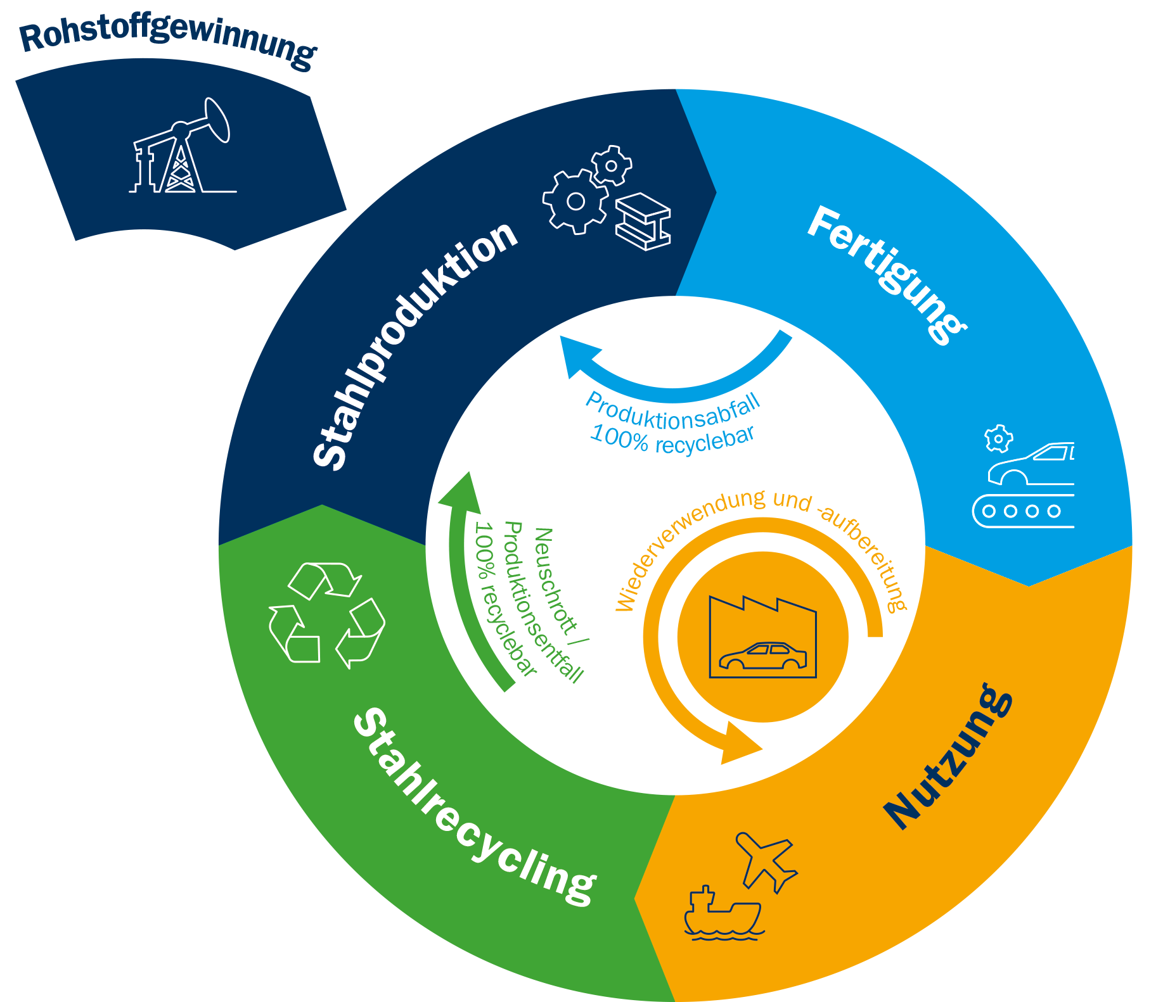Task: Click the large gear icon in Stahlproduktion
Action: click(x=575, y=201)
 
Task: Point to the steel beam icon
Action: click(x=643, y=221)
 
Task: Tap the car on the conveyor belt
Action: click(x=1033, y=466)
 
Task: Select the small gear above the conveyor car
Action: click(x=998, y=438)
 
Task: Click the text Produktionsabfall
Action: click(x=672, y=412)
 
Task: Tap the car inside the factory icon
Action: click(x=762, y=656)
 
